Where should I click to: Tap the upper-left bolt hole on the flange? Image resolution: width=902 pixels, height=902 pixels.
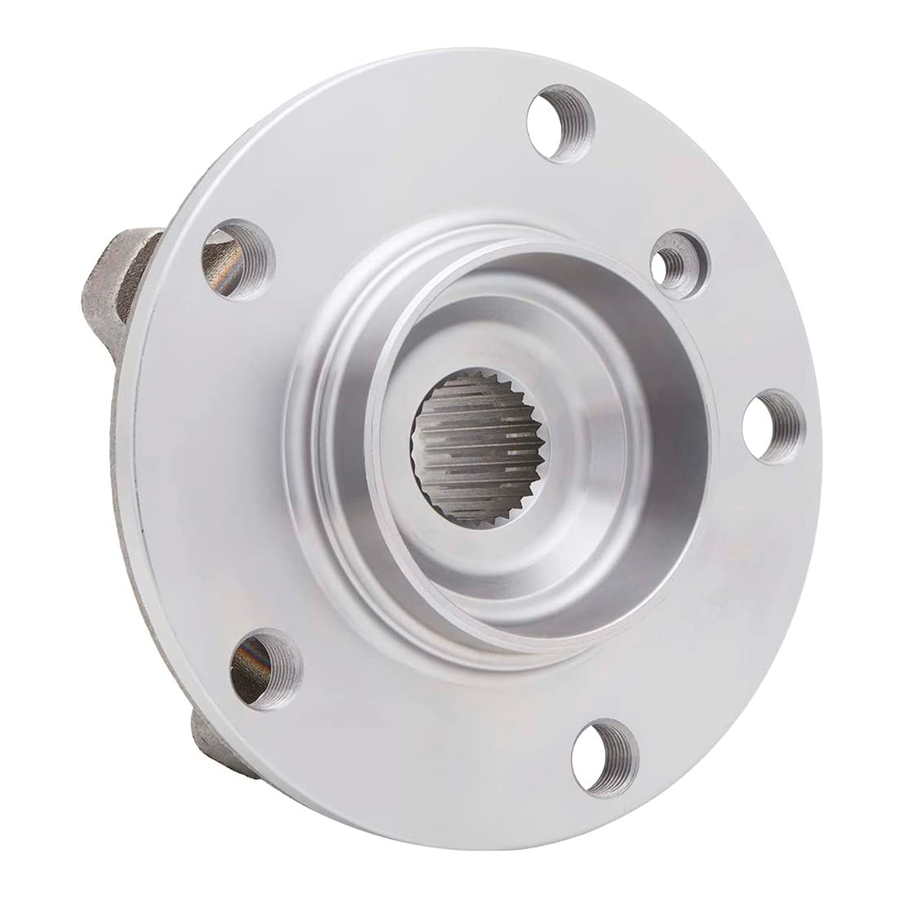click(238, 261)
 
